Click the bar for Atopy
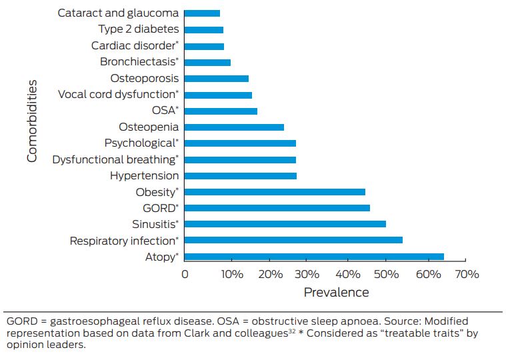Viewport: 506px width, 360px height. pos(313,257)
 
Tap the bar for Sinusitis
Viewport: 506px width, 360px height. pos(285,224)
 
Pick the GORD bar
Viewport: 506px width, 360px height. pos(277,208)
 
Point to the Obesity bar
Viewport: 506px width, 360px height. pos(274,192)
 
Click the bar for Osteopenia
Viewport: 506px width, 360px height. pos(233,127)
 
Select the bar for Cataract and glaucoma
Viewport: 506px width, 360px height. pos(201,13)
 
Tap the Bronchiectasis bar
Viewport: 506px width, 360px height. pos(207,62)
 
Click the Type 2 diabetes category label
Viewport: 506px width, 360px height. pos(138,29)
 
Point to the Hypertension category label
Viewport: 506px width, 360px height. pos(144,176)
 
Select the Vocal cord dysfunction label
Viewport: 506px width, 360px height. pos(118,95)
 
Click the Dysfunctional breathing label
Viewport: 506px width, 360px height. pos(115,159)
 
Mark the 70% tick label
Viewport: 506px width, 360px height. pos(466,275)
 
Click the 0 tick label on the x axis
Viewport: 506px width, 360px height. pos(185,275)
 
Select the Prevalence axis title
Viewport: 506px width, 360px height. pos(336,292)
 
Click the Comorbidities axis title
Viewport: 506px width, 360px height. pos(32,121)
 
